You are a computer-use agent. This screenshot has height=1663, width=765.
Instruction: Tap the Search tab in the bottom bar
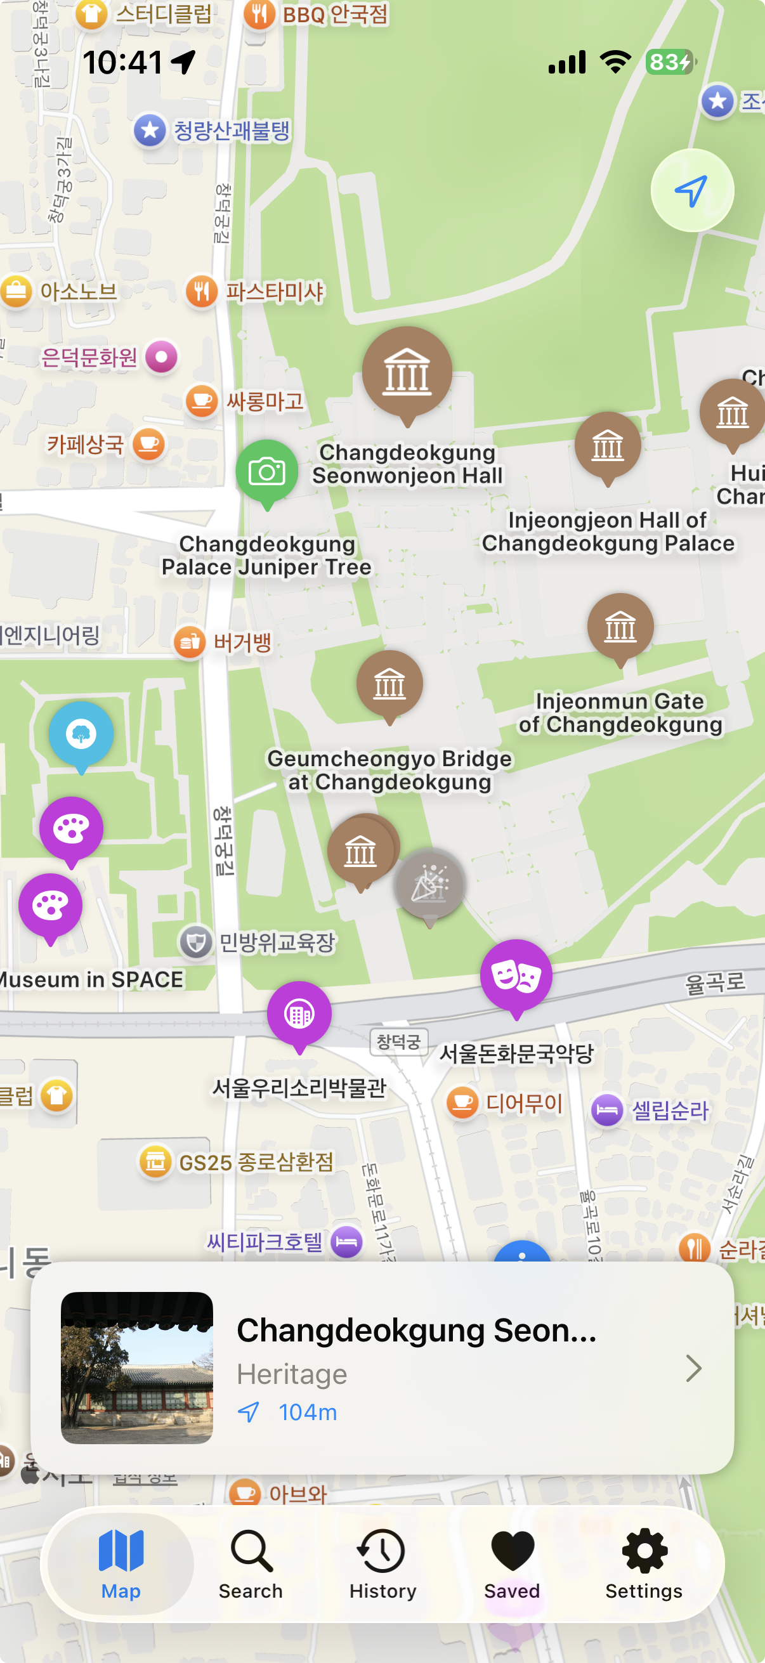(x=251, y=1563)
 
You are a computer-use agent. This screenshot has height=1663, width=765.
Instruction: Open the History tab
(x=382, y=1563)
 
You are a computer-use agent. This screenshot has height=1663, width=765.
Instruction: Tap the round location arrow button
(x=691, y=190)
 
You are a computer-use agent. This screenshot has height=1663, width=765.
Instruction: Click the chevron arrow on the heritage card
(x=693, y=1368)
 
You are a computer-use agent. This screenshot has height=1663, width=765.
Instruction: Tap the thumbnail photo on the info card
(x=137, y=1367)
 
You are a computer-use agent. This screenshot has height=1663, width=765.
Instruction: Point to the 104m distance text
(x=307, y=1412)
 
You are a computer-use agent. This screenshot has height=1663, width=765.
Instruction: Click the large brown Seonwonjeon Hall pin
(x=407, y=372)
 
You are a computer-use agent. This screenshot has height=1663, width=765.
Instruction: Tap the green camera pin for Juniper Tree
(x=266, y=472)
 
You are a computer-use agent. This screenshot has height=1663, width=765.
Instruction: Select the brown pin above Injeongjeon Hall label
(x=608, y=445)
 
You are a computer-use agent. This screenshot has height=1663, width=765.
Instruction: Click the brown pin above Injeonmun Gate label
(x=620, y=626)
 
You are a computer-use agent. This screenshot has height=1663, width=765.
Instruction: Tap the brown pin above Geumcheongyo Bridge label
(x=389, y=684)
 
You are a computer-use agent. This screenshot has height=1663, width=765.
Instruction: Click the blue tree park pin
(x=81, y=734)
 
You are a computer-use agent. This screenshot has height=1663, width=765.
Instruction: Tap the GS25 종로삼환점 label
(x=256, y=1163)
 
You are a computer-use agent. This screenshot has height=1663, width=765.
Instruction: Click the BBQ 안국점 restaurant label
(x=334, y=14)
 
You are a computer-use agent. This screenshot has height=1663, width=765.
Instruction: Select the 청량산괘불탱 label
(x=231, y=131)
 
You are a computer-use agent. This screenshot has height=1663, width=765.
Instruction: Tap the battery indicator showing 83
(x=669, y=62)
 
